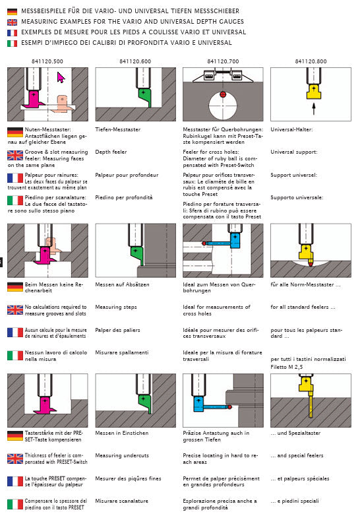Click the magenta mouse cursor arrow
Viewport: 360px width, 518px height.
pos(61,78)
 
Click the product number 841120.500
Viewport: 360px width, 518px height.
pos(47,61)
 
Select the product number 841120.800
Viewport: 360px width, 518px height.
pos(311,61)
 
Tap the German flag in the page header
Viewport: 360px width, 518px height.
pos(13,12)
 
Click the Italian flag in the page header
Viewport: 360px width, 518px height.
pos(13,44)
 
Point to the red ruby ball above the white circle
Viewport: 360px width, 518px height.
pos(223,94)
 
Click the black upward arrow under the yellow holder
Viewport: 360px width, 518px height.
pos(314,109)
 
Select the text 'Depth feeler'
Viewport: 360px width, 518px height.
pos(111,152)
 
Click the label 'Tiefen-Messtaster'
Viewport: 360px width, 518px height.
pos(118,129)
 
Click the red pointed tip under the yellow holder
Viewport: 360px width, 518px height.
pos(311,263)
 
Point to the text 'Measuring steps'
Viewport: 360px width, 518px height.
pos(116,308)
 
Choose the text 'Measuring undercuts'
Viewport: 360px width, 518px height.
pos(122,455)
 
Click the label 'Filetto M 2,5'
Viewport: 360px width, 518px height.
pos(286,367)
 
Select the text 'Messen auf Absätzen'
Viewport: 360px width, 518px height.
pos(122,284)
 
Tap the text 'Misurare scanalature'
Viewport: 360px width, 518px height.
pos(122,501)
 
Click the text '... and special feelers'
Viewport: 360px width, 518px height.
pos(297,455)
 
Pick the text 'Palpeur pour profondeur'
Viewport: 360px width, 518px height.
pos(127,175)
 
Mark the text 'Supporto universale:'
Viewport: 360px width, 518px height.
pos(297,197)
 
